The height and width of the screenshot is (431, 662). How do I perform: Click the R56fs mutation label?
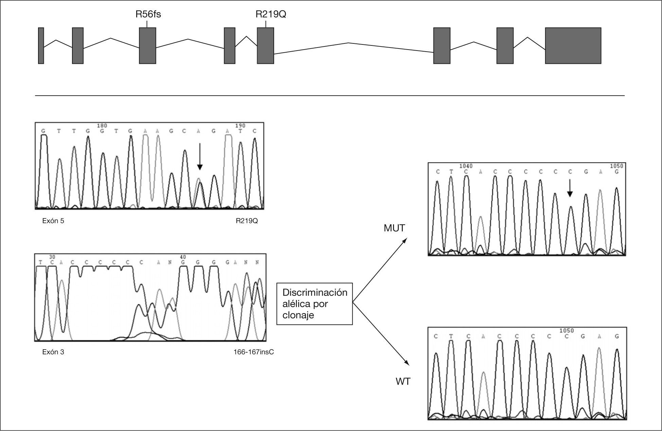[x=148, y=14]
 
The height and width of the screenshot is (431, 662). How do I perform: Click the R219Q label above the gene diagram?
[x=270, y=14]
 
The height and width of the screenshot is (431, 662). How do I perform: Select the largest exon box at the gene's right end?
[x=573, y=45]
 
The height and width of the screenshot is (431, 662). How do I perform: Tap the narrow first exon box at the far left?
[x=41, y=45]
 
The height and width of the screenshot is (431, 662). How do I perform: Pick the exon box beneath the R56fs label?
[x=147, y=45]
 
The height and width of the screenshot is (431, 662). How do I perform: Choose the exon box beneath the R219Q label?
[x=265, y=45]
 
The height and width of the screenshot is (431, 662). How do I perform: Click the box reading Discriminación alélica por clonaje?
[x=315, y=304]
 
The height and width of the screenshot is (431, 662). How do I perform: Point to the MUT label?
[x=394, y=228]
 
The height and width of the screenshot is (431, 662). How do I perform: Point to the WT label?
[x=403, y=381]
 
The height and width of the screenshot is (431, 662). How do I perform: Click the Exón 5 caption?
[x=53, y=221]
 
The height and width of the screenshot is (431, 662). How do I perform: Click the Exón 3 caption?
[x=53, y=352]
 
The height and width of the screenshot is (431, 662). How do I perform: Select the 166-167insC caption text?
[x=253, y=352]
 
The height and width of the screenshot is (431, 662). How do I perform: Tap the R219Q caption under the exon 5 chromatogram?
[x=247, y=221]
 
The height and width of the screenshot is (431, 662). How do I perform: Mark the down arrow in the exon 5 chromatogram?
[x=200, y=156]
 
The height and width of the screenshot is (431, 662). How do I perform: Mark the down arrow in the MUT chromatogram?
[x=570, y=188]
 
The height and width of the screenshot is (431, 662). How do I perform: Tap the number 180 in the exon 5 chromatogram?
[x=102, y=126]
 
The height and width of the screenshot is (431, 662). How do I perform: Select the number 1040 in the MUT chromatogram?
[x=466, y=166]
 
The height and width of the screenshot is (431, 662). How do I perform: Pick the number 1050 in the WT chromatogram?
[x=566, y=331]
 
